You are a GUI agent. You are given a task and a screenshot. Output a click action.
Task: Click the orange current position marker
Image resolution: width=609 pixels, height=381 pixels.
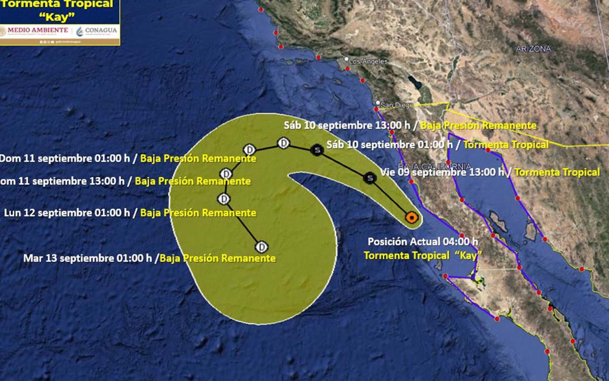pos(412,218)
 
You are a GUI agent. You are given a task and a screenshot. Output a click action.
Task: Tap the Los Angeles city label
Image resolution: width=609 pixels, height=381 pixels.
pos(368,61)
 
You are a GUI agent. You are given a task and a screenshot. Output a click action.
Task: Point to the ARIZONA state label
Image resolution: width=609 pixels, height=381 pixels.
pos(533,49)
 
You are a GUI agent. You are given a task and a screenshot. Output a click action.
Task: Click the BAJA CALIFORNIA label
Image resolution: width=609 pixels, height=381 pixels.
pos(435,166)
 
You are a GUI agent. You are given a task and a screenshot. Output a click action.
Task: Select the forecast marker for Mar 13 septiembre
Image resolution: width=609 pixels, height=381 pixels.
pos(261,247)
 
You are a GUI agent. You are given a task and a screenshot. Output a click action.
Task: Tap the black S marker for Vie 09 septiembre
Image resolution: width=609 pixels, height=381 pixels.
pos(370,177)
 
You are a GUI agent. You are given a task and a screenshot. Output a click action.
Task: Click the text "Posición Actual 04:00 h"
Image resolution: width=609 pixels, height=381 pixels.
pos(423,242)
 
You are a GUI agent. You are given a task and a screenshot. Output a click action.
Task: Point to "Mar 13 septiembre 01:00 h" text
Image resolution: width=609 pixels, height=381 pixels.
pos(88,258)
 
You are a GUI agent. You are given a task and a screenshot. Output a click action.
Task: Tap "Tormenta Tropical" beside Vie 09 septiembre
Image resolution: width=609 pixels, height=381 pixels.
pos(557,172)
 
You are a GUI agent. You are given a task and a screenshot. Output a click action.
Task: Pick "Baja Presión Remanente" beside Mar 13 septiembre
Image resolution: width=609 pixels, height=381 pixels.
pos(218,258)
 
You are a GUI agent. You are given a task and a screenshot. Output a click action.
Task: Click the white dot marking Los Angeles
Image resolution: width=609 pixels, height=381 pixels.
pos(347,59)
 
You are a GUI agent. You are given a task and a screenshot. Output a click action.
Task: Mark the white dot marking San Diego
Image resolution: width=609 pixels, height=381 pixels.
pos(378,103)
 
